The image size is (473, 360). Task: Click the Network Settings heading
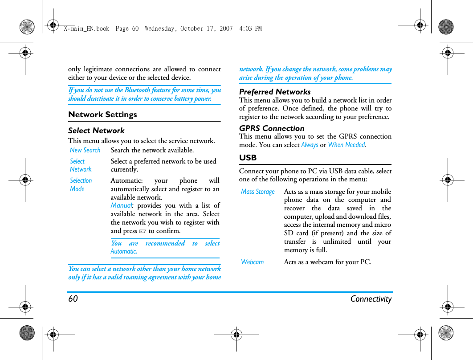pos(102,115)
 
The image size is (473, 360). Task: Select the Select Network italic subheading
pos(96,131)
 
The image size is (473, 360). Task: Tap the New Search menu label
pos(85,150)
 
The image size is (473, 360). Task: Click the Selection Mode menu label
pos(81,184)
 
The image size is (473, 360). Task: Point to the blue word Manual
pos(121,205)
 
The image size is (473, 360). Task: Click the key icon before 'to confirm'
pos(143,231)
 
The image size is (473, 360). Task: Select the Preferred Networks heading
pos(275,92)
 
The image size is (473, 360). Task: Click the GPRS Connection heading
pos(272,128)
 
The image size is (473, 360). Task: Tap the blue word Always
pos(310,145)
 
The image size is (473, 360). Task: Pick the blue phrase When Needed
pos(346,145)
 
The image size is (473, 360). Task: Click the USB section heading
pos(248,158)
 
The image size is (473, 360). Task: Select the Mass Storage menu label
pos(258,192)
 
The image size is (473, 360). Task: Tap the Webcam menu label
pos(253,262)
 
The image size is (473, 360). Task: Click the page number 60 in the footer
pos(73,299)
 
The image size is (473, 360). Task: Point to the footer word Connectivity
pos(371,299)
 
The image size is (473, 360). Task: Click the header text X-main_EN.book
pos(86,29)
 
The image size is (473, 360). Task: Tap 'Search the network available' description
pos(152,150)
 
